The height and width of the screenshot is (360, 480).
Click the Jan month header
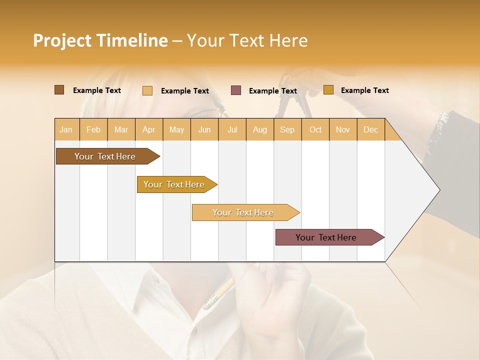pos(66,129)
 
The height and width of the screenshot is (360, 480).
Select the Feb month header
pos(93,129)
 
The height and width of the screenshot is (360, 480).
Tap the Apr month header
pos(148,129)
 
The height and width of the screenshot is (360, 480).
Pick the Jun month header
pos(204,129)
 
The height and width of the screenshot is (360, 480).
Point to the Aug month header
pos(259,129)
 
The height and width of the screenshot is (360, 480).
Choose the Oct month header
pos(315,129)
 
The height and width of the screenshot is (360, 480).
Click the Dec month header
pos(370,129)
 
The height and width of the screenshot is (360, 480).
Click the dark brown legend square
pos(59,90)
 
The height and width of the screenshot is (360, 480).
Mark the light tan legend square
pos(147,90)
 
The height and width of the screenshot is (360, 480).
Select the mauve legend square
pos(236,90)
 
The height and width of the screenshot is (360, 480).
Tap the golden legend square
pos(328,90)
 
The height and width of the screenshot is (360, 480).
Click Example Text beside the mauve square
pos(272,91)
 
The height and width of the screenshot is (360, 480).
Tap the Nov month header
pos(343,129)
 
